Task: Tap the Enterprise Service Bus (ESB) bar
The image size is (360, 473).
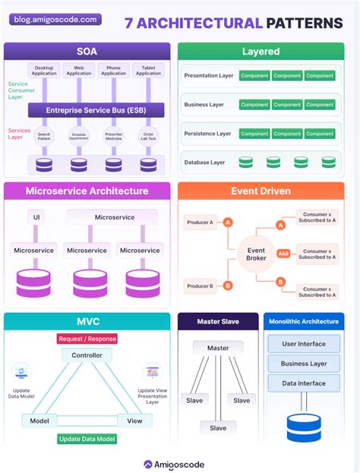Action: point(86,110)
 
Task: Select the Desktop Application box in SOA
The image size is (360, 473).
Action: point(43,71)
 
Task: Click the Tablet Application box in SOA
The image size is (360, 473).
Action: point(148,71)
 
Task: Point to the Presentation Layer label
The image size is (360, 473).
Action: point(207,76)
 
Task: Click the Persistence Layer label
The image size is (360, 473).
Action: point(207,134)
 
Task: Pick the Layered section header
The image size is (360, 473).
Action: point(261,52)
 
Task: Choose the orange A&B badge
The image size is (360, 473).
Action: point(283,254)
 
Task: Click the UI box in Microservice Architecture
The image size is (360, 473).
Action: point(36,218)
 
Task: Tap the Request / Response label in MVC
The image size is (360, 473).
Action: point(87,339)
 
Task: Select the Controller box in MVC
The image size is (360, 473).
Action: point(87,355)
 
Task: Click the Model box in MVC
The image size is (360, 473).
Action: point(39,421)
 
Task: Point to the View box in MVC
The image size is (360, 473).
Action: point(134,421)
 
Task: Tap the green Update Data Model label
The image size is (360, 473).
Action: point(87,439)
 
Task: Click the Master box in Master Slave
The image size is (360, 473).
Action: point(218,348)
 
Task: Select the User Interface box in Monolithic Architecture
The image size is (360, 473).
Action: point(304,344)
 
